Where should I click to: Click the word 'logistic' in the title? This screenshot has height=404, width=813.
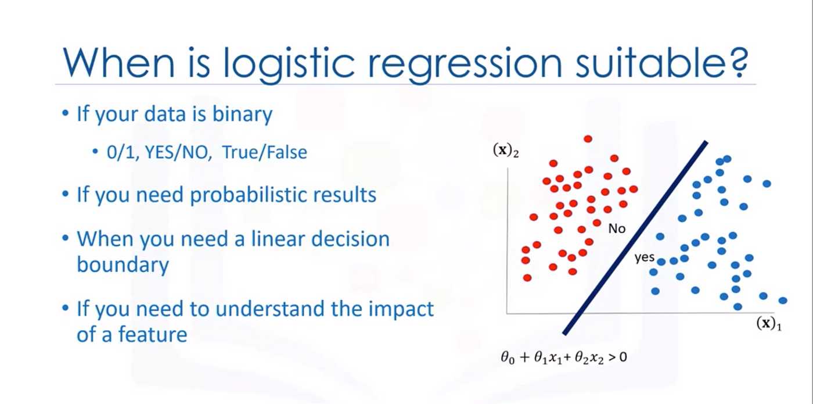(x=288, y=63)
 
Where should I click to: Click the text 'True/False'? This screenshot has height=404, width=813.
(x=265, y=152)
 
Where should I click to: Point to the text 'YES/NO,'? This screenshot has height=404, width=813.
(x=178, y=152)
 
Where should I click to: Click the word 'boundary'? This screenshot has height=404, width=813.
(x=123, y=265)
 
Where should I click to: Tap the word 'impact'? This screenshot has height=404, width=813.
(x=401, y=309)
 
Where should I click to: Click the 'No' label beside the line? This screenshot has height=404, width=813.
(x=617, y=228)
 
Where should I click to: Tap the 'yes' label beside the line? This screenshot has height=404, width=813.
(x=644, y=258)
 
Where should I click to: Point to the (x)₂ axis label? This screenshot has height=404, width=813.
(x=506, y=150)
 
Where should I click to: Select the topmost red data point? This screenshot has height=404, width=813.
(x=588, y=139)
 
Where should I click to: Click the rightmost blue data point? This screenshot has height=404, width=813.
(x=783, y=301)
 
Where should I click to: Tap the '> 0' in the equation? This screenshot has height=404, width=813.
(x=617, y=357)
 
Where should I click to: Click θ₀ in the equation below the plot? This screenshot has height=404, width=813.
(x=508, y=358)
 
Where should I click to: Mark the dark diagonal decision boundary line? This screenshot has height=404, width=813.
(x=635, y=238)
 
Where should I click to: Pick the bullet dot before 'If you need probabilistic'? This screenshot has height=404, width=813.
(x=65, y=194)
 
